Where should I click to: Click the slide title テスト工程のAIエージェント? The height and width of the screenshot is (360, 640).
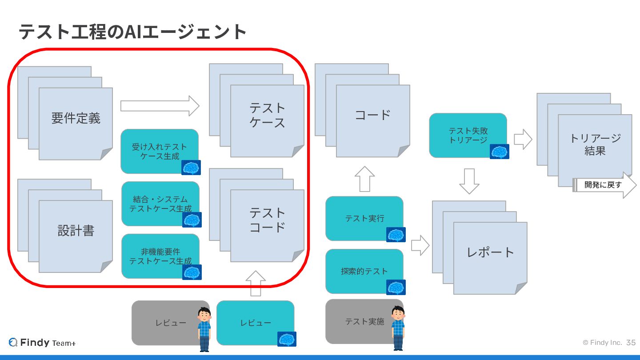[x=132, y=32]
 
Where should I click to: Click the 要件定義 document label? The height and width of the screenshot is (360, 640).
[x=76, y=118]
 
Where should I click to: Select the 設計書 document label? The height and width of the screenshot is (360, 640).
[x=76, y=231]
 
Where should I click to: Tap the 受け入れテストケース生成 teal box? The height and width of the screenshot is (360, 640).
[x=160, y=151]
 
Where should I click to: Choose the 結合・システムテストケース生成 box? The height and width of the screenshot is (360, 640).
[x=160, y=204]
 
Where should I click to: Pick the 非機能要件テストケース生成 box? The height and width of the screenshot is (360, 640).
[x=160, y=256]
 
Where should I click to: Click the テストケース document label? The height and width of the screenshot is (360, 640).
[x=267, y=115]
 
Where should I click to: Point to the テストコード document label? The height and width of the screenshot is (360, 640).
[x=267, y=220]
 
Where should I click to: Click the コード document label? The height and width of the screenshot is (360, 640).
[x=372, y=115]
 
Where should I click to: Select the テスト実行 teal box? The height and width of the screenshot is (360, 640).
[x=364, y=218]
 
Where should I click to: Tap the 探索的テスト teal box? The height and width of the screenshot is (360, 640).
[x=364, y=271]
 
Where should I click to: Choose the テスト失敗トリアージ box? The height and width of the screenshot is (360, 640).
[x=468, y=135]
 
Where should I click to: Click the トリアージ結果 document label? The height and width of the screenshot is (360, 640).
[x=595, y=144]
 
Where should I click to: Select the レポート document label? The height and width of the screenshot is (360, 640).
[x=490, y=252]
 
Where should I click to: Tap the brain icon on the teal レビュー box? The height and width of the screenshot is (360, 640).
[x=287, y=339]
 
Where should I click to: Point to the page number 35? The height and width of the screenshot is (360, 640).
[x=631, y=343]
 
